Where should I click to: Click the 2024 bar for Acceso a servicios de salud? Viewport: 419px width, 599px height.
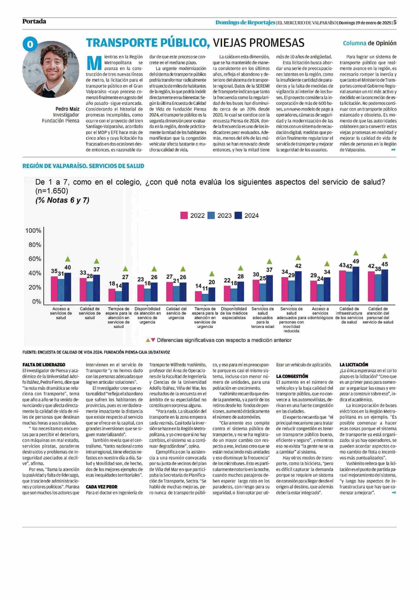click(68, 287)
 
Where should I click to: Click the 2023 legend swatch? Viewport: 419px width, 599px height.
click(211, 216)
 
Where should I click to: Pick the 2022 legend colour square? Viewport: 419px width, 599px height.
click(184, 216)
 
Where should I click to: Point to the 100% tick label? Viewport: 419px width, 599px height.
click(33, 231)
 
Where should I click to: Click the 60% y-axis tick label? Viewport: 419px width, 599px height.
click(35, 259)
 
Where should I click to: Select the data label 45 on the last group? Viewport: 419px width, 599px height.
click(385, 264)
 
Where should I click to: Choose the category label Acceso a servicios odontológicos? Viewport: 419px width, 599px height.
click(320, 313)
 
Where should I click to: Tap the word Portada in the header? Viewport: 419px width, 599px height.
click(34, 21)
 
